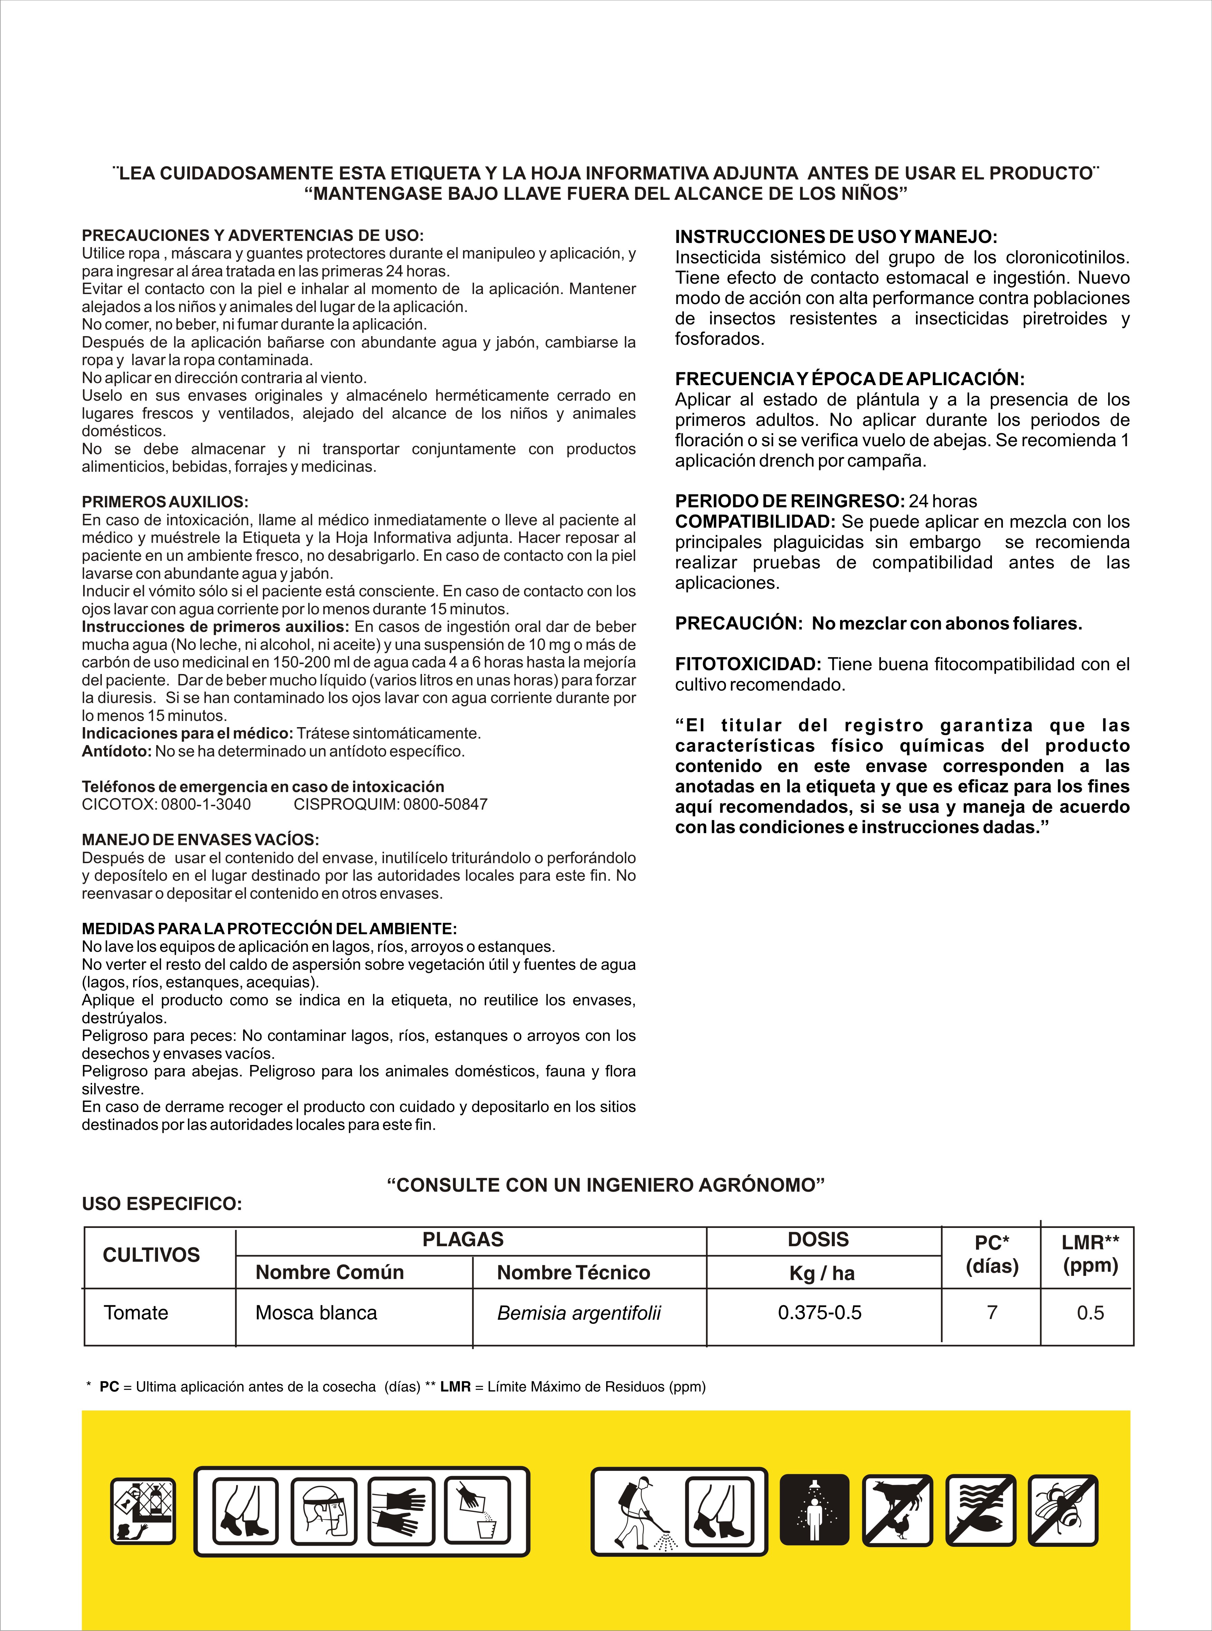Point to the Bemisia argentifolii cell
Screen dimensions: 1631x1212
pos(579,1313)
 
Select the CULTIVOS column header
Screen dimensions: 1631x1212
pos(151,1256)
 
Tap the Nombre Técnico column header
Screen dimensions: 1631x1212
pos(573,1272)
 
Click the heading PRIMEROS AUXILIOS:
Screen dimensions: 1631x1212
pos(165,502)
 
